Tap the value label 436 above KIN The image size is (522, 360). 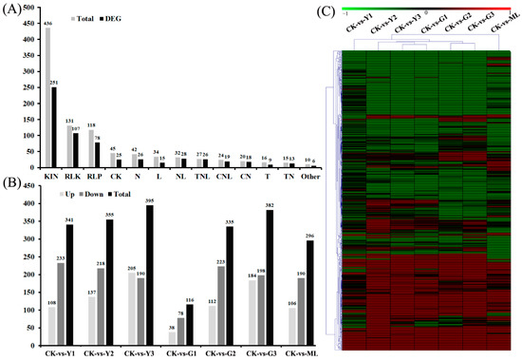point(47,23)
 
